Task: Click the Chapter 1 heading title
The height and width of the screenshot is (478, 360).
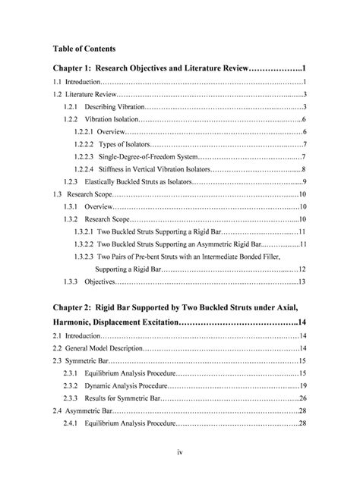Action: (x=179, y=68)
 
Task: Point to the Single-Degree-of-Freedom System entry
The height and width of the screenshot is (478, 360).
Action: (x=153, y=156)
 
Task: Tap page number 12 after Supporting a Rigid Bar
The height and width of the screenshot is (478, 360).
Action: (x=302, y=269)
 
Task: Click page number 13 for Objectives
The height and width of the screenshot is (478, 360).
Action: (x=302, y=281)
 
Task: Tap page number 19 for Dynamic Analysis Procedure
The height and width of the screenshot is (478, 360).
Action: (x=302, y=385)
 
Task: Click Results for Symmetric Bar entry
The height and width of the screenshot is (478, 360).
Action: (x=122, y=398)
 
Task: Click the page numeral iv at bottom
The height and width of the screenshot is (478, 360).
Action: (x=179, y=453)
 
